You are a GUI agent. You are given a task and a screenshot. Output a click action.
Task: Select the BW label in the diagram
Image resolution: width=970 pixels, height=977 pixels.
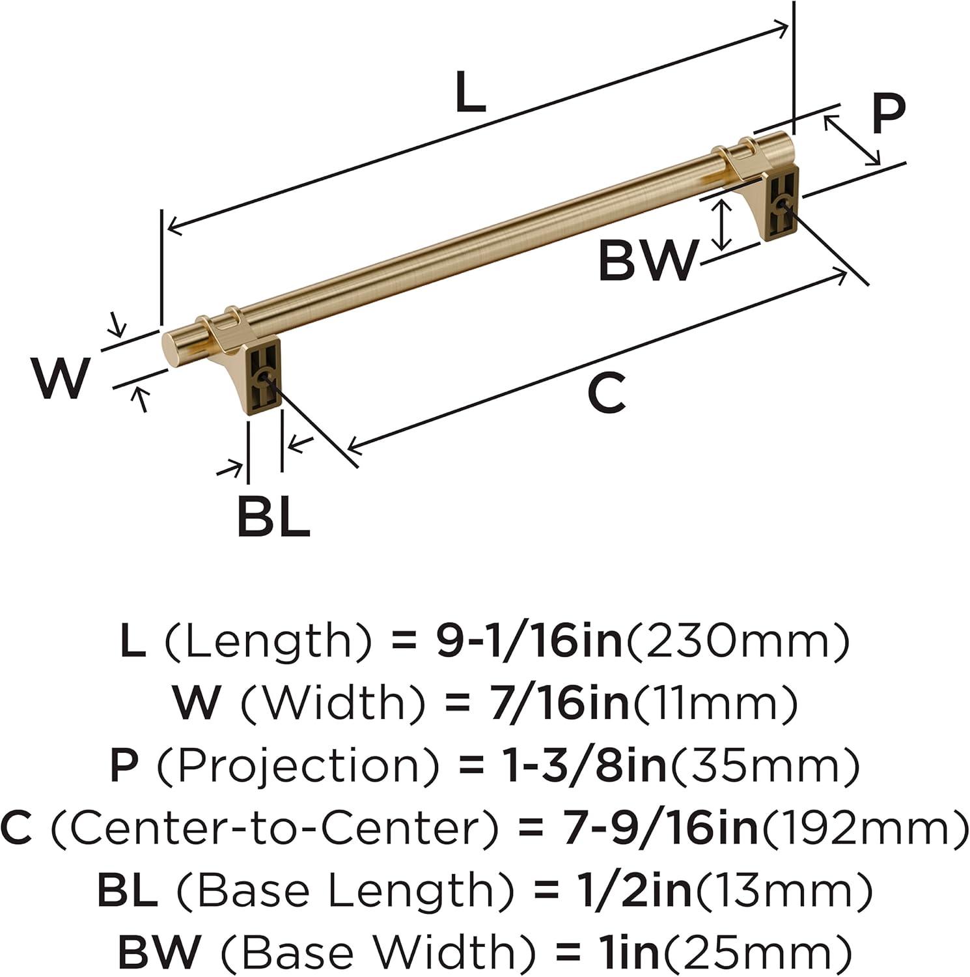(647, 261)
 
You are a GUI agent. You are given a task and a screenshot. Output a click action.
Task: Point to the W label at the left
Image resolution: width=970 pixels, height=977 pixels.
(60, 379)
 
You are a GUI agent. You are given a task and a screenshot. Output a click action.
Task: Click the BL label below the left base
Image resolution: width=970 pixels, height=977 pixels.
(273, 516)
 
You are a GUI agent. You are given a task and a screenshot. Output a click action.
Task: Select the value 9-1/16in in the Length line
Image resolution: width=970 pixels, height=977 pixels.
(529, 641)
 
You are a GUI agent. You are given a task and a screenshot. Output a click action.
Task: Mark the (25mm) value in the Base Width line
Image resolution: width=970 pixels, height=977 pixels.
(755, 951)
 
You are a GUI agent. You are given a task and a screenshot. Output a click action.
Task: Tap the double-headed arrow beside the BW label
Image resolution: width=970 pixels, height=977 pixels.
(720, 225)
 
